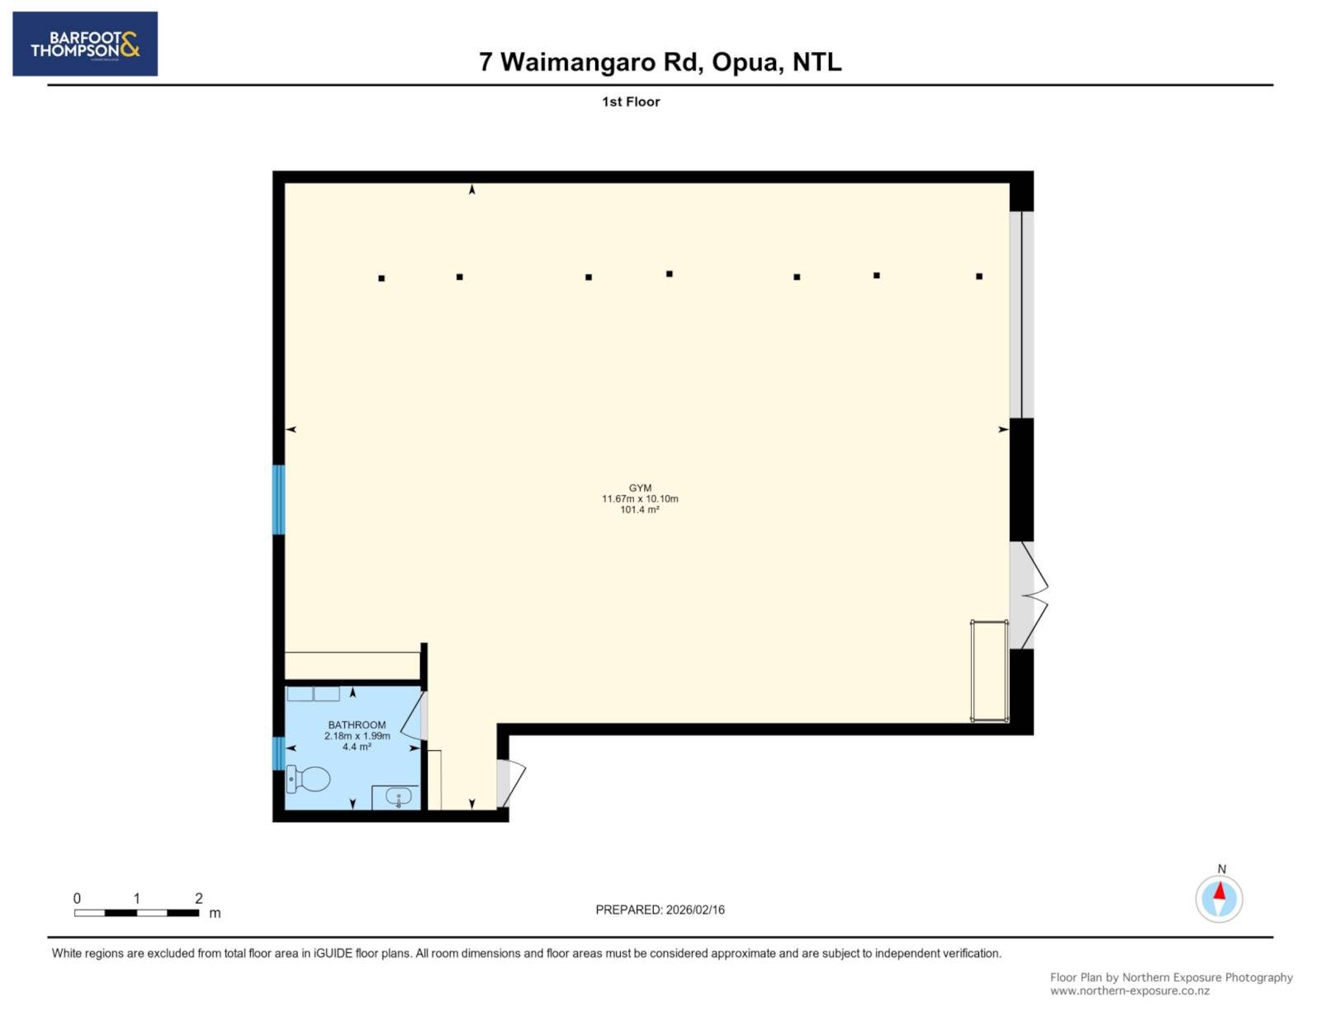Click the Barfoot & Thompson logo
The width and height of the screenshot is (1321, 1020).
click(85, 44)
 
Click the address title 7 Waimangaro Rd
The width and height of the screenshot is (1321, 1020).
click(591, 62)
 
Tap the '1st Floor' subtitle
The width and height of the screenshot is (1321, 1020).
click(631, 102)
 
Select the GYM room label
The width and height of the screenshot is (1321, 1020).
click(640, 488)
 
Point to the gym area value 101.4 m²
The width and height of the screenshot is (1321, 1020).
click(640, 510)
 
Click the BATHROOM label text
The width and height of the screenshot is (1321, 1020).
click(357, 725)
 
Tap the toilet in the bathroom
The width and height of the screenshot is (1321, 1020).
click(308, 778)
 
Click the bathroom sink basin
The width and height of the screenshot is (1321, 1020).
click(398, 796)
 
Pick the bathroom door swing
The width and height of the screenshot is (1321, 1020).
click(414, 716)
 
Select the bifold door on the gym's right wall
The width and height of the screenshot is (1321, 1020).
click(1030, 596)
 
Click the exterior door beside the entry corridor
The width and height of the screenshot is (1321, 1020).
click(511, 783)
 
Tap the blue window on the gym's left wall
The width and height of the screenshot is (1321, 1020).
click(278, 499)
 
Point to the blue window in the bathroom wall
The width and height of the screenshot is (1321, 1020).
click(278, 753)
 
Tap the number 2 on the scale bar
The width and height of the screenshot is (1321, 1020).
click(199, 898)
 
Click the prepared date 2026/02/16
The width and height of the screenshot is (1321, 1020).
click(695, 909)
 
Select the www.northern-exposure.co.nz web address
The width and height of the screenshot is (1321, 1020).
click(1129, 991)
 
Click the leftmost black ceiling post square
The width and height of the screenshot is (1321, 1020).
click(381, 278)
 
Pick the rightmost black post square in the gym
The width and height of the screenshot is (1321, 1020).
click(978, 276)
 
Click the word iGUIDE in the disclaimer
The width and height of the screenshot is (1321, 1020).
click(333, 953)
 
